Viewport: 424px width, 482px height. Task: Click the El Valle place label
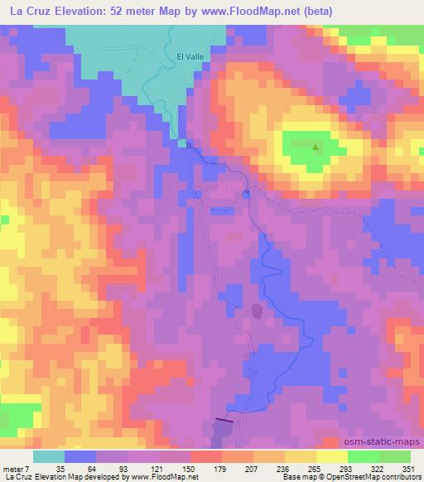190,55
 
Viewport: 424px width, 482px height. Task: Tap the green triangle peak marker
316,147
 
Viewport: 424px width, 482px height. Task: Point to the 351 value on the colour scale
406,468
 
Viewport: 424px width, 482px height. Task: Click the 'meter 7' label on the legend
16,468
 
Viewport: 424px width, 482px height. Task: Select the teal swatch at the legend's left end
49,456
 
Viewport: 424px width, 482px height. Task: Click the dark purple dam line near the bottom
224,421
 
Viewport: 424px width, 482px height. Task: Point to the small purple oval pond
257,311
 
